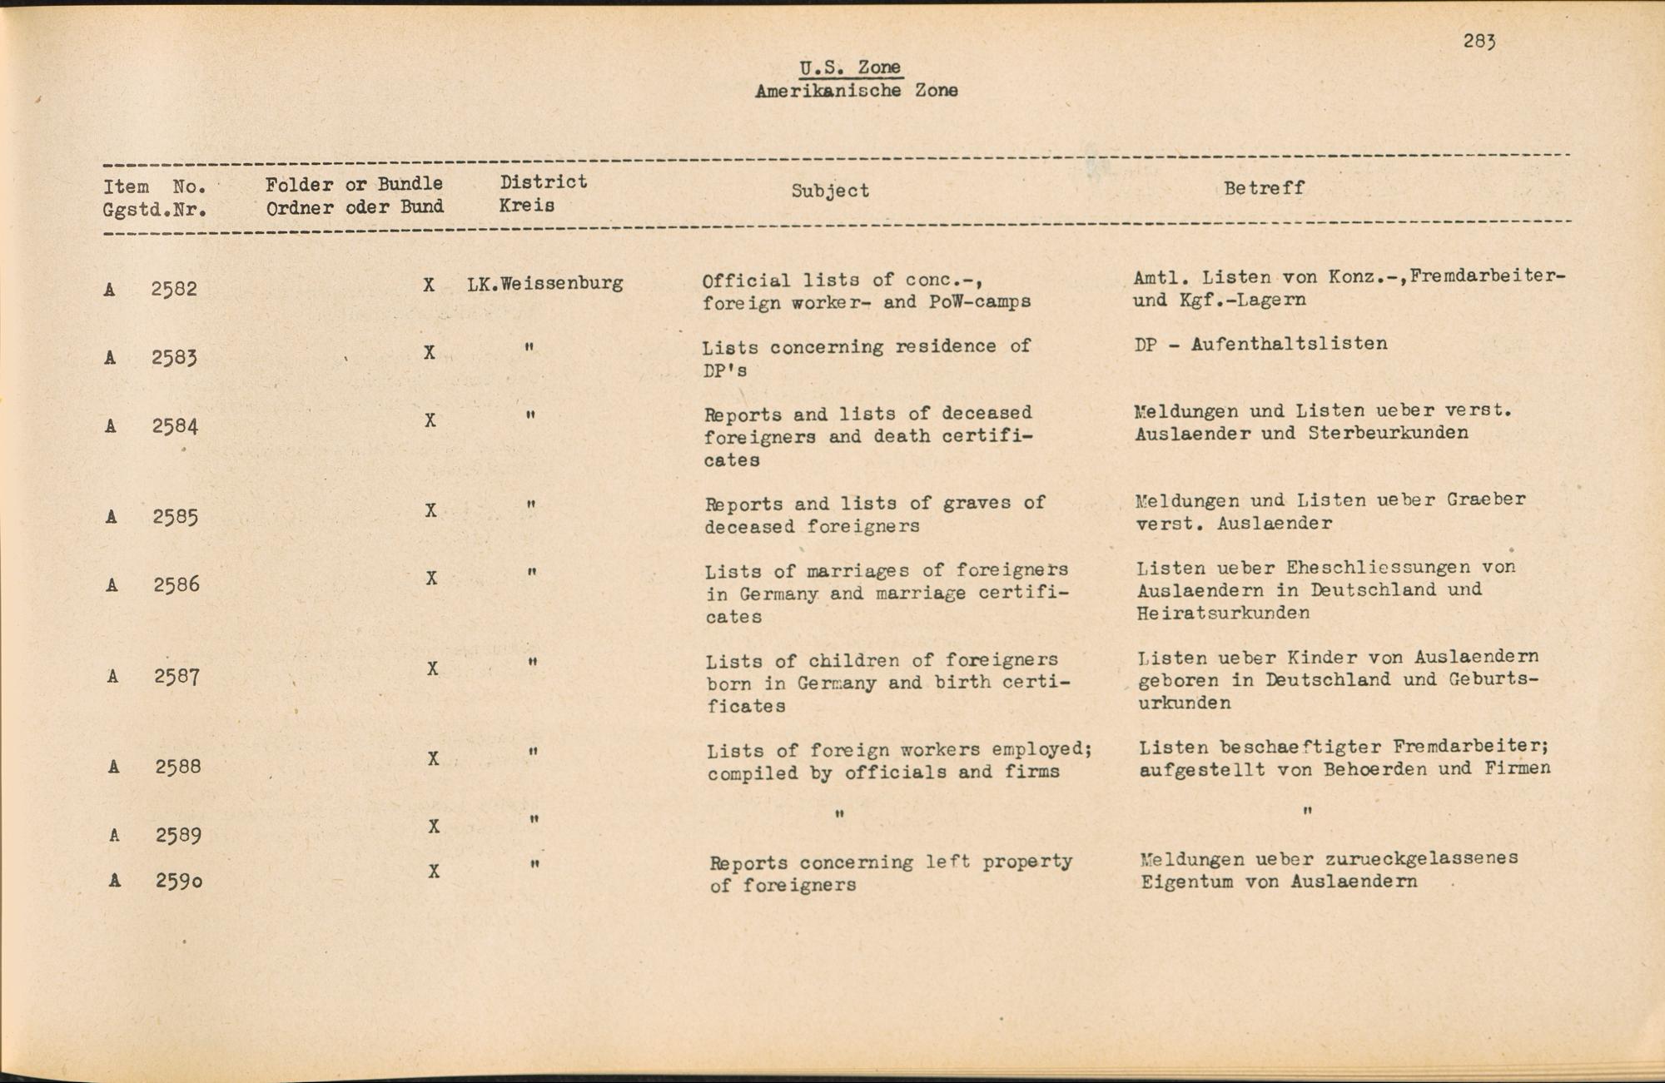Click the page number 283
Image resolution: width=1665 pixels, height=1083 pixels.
[1479, 42]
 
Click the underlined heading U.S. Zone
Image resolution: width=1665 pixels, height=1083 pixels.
[850, 67]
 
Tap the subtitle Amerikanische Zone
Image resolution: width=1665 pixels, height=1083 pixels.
[856, 91]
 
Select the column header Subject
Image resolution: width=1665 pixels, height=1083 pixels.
[830, 191]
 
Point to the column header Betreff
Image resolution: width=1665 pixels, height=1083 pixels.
[1264, 188]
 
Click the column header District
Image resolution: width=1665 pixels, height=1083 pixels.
[544, 182]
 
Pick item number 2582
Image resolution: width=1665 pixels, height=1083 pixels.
[174, 289]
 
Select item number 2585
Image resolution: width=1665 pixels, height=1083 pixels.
[176, 517]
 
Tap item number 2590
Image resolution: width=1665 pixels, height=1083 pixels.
[178, 880]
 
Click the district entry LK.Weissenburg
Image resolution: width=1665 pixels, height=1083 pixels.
[544, 283]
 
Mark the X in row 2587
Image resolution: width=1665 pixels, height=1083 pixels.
[432, 668]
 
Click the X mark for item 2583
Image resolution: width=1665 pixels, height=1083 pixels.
[430, 353]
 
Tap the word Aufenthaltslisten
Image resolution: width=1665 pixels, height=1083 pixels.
[1289, 344]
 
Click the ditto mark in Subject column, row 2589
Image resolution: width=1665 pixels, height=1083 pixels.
[839, 814]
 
